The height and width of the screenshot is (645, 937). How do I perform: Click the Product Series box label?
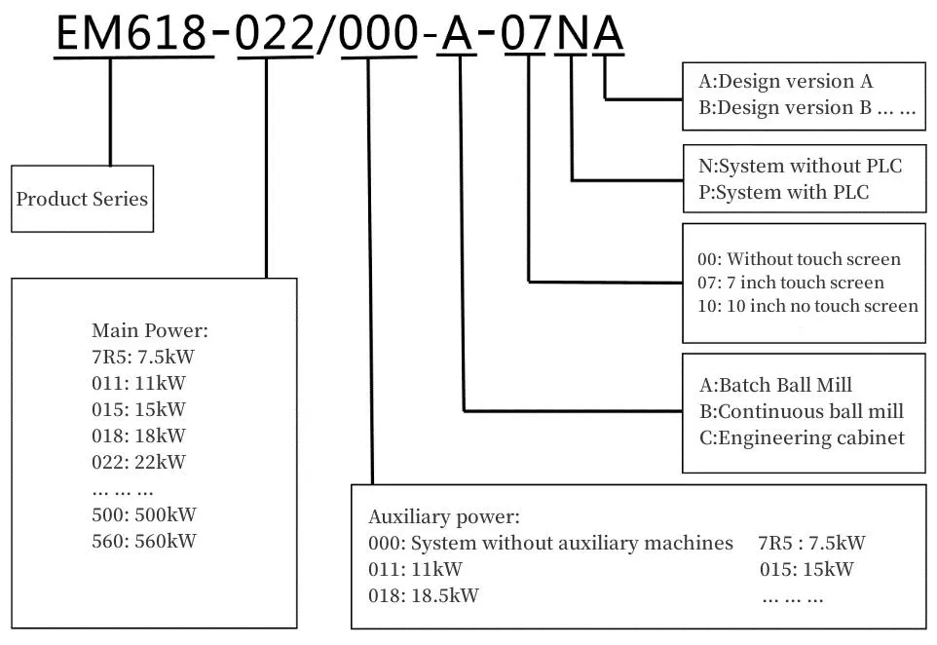coord(82,199)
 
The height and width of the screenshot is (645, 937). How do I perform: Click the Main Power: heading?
coord(150,330)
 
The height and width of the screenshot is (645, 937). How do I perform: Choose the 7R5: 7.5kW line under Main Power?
coord(143,357)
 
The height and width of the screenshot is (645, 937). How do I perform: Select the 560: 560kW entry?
coord(143,541)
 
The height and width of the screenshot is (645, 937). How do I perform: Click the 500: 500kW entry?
coord(143,514)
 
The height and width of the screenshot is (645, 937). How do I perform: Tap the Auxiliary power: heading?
coord(444,516)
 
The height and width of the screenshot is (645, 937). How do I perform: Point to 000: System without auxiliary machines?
coord(550,543)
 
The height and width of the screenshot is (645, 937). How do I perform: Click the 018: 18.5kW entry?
coord(423,595)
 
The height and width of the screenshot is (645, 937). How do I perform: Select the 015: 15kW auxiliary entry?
coord(806,569)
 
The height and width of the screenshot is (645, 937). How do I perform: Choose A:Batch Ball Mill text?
coord(775,385)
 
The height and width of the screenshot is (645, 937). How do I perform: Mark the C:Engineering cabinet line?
coord(802,437)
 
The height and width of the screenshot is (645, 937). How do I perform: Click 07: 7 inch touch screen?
coord(791,283)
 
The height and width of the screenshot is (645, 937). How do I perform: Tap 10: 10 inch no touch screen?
coord(807,306)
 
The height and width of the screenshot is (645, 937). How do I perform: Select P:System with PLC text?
coord(783,192)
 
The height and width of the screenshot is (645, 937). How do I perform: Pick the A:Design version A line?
coord(786,81)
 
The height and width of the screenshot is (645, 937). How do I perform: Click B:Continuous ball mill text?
coord(802,411)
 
